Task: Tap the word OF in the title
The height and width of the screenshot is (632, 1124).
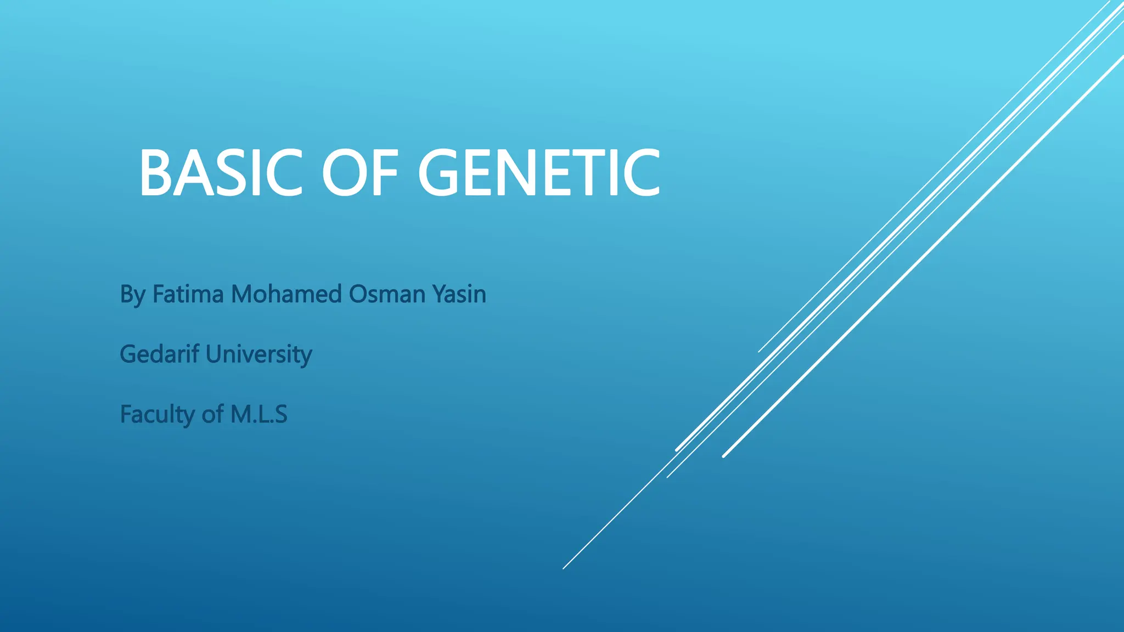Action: (x=360, y=173)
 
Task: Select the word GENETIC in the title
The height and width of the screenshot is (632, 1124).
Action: (x=539, y=173)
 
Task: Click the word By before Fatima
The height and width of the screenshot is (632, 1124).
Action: (x=132, y=295)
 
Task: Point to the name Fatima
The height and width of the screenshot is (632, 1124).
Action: (x=188, y=294)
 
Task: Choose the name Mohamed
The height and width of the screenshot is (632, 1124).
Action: (x=286, y=294)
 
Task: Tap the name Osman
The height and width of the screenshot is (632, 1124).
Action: (x=387, y=294)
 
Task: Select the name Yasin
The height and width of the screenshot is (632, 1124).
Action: (x=459, y=294)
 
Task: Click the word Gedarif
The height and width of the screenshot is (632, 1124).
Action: (x=159, y=354)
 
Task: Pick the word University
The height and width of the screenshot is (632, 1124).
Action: (x=258, y=354)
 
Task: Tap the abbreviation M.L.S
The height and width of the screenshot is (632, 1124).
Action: (x=258, y=414)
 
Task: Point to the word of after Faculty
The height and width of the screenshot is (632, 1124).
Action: (x=212, y=414)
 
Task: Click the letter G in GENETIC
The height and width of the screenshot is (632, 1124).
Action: (x=442, y=173)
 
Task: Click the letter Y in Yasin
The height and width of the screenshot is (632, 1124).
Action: (x=439, y=294)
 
